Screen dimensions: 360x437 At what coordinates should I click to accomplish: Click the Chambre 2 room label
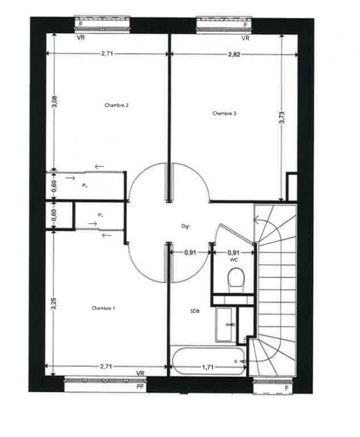(x=116, y=105)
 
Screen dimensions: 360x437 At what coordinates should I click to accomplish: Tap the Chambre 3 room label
(x=225, y=113)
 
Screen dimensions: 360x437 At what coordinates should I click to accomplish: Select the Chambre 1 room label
(x=103, y=308)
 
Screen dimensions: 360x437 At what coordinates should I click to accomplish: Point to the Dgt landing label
(x=186, y=226)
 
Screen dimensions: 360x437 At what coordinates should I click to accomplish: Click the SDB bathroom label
(x=195, y=311)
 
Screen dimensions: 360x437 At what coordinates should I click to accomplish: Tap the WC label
(x=234, y=260)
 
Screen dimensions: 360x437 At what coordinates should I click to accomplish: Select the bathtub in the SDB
(x=208, y=361)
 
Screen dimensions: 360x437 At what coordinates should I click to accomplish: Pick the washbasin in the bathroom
(x=224, y=324)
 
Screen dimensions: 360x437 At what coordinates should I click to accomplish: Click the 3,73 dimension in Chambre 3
(x=282, y=117)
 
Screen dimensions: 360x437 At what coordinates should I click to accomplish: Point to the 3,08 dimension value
(x=55, y=102)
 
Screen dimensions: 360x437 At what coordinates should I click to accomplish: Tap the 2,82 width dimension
(x=234, y=55)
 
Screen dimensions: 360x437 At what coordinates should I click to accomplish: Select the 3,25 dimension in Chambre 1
(x=54, y=303)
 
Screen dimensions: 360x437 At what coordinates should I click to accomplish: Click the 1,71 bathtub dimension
(x=208, y=367)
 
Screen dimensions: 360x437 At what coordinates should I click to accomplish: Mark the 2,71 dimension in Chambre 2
(x=107, y=53)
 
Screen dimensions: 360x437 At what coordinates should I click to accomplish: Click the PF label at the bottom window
(x=141, y=387)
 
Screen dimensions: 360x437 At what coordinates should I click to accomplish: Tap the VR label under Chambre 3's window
(x=245, y=38)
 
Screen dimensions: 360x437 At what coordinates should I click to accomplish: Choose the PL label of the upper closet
(x=85, y=185)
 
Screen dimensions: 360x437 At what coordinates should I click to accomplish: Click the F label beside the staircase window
(x=287, y=388)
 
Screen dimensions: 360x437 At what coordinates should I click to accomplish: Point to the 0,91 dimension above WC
(x=233, y=252)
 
